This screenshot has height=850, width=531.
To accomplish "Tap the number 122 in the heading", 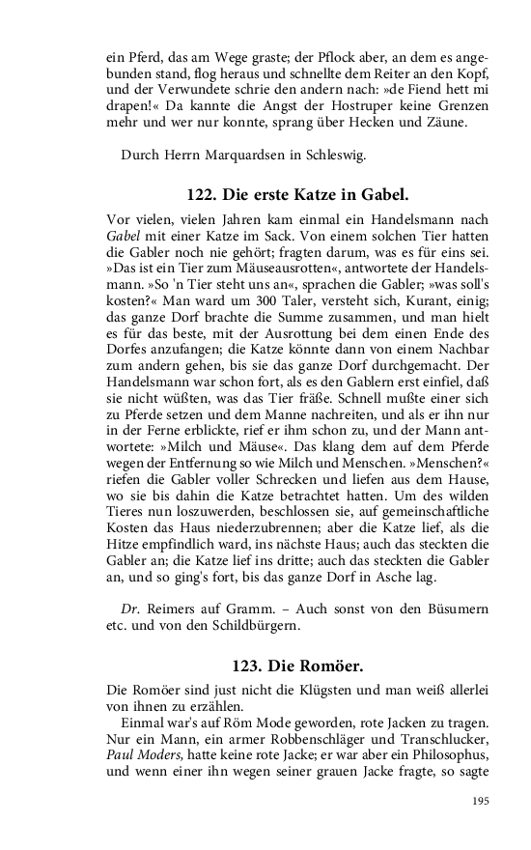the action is pyautogui.click(x=204, y=192).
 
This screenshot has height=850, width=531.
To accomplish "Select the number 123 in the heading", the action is pyautogui.click(x=247, y=666).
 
